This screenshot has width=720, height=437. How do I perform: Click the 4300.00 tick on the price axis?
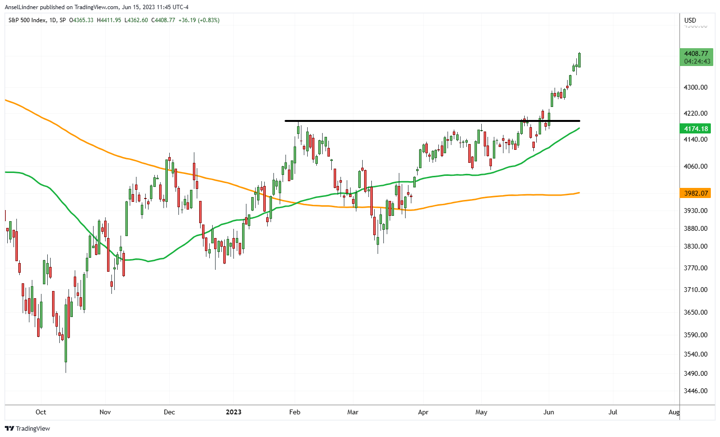695,87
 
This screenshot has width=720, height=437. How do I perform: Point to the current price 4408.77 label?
696,53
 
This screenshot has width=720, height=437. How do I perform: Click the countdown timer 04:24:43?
697,61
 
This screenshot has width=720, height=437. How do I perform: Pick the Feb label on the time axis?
295,412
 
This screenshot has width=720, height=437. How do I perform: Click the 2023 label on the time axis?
234,412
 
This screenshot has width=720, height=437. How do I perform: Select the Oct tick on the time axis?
41,412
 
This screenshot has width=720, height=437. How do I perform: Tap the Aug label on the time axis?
674,412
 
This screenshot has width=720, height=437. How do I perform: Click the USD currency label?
690,20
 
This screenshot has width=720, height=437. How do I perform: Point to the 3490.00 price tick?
695,373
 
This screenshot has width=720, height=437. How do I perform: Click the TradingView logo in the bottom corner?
28,428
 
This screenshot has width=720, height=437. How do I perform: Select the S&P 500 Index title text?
28,20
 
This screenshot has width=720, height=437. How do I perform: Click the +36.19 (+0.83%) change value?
199,20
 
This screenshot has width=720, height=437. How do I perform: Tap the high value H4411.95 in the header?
109,20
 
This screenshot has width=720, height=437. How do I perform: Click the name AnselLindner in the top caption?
21,7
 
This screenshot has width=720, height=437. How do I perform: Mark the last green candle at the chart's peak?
579,60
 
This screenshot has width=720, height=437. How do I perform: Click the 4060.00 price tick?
695,166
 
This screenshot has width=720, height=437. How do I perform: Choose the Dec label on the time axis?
169,412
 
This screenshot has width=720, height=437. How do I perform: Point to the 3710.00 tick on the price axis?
695,290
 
